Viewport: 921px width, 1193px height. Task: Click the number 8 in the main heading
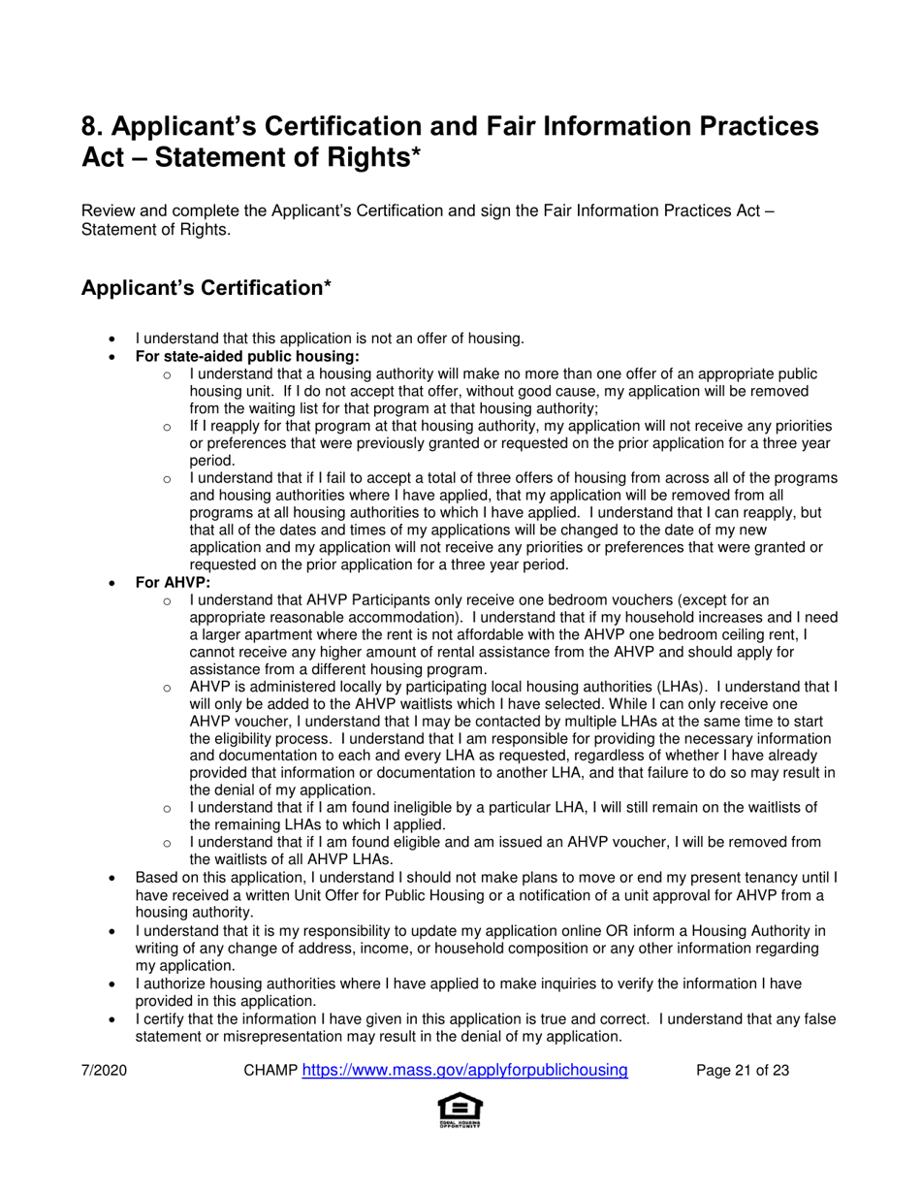pyautogui.click(x=91, y=127)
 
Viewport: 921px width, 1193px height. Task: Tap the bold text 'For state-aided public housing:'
pyautogui.click(x=247, y=356)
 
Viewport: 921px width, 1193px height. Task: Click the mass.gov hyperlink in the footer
pyautogui.click(x=465, y=1070)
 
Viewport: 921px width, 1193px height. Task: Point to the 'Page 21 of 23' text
pyautogui.click(x=743, y=1071)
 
